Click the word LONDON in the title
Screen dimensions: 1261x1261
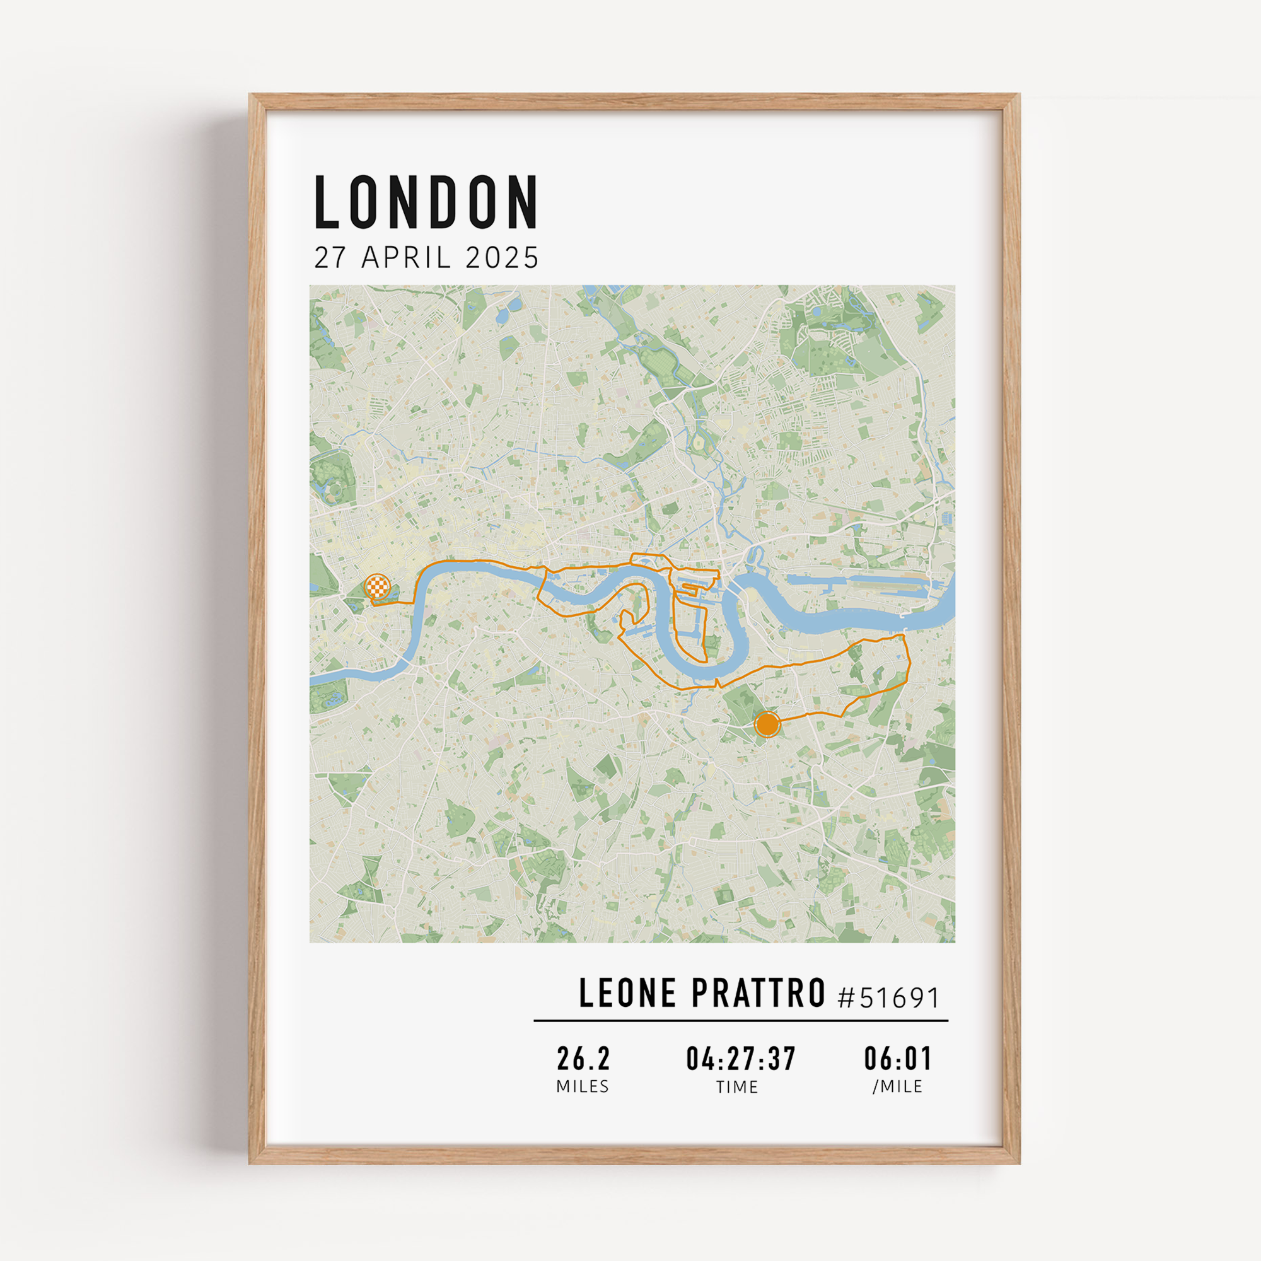click(426, 202)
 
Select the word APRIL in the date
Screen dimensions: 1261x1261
click(405, 258)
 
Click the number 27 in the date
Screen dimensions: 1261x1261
click(330, 258)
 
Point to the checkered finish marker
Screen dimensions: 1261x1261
click(377, 586)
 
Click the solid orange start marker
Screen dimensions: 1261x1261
click(767, 724)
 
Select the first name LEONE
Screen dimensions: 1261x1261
click(628, 994)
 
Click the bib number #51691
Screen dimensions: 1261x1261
click(888, 997)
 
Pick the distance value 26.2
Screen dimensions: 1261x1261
click(583, 1059)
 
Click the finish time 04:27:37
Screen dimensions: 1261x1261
click(741, 1059)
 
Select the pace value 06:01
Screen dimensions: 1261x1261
click(898, 1059)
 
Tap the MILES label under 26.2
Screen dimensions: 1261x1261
click(582, 1087)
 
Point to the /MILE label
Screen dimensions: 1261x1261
click(897, 1087)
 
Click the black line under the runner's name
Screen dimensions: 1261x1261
click(741, 1020)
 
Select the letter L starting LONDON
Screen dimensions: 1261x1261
click(327, 202)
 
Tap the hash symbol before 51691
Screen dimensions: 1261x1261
click(846, 998)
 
